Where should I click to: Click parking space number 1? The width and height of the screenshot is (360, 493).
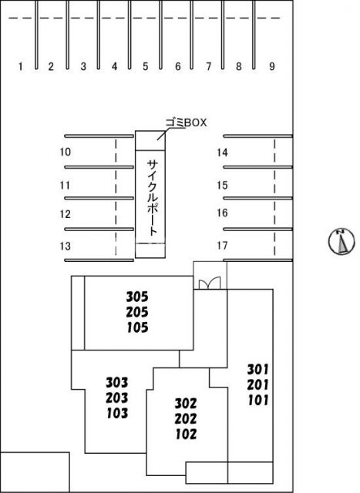point(21,66)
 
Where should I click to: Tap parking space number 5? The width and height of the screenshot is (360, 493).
point(145,66)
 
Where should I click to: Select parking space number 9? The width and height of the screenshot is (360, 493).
point(272,66)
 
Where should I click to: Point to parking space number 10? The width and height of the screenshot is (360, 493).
point(66,152)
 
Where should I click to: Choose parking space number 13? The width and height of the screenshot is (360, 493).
point(66,246)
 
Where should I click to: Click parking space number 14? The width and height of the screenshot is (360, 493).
point(222,153)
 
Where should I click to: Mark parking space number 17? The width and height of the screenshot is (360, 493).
point(222,245)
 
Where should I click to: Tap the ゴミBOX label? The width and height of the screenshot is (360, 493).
point(187,122)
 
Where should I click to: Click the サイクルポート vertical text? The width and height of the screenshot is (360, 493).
point(153,198)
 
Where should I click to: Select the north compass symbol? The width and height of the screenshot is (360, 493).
point(341,241)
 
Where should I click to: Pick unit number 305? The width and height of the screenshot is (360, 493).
point(137,297)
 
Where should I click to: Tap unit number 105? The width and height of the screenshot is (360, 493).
point(137,327)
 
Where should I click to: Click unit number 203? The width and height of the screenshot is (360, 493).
point(116,397)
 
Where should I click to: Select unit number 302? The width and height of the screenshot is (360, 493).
point(186,403)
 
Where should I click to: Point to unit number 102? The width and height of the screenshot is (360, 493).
point(186,434)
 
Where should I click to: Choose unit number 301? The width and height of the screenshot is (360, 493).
point(258,370)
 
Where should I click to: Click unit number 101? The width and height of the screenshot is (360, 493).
point(258,401)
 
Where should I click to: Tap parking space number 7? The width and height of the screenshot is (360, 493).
point(208,66)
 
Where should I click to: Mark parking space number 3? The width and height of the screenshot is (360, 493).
point(83,66)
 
